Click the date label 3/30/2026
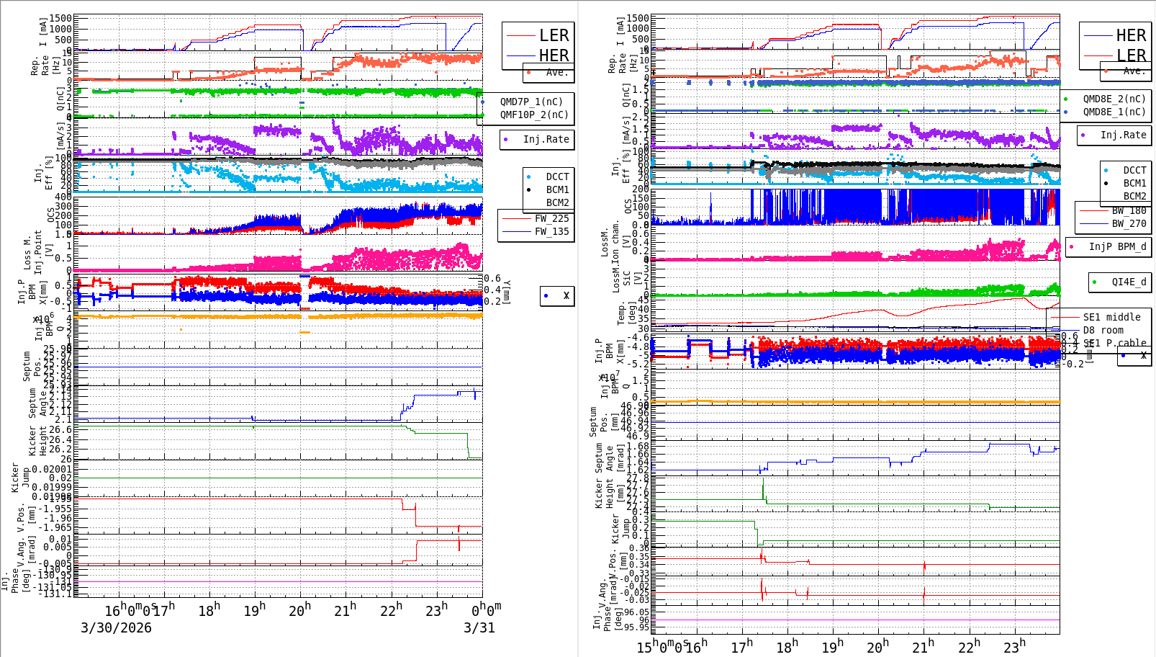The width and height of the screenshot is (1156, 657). (116, 627)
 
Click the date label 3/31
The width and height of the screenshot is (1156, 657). (479, 627)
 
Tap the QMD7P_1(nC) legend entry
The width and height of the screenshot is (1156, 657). (531, 102)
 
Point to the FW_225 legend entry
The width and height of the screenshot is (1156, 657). (551, 218)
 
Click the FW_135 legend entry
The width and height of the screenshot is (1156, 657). (551, 231)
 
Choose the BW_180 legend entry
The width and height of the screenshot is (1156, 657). (1129, 210)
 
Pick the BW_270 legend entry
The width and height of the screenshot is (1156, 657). (1129, 223)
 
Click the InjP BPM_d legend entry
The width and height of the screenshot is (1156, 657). (1117, 246)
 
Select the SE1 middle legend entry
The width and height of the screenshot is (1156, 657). (1111, 317)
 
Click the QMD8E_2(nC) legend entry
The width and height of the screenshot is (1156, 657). (1114, 99)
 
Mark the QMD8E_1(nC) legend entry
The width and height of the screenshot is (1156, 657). (1114, 112)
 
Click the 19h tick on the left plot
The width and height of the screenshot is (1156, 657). (255, 610)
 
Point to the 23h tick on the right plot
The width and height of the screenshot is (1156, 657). (1015, 646)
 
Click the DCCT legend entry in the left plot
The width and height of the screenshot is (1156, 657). (557, 176)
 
